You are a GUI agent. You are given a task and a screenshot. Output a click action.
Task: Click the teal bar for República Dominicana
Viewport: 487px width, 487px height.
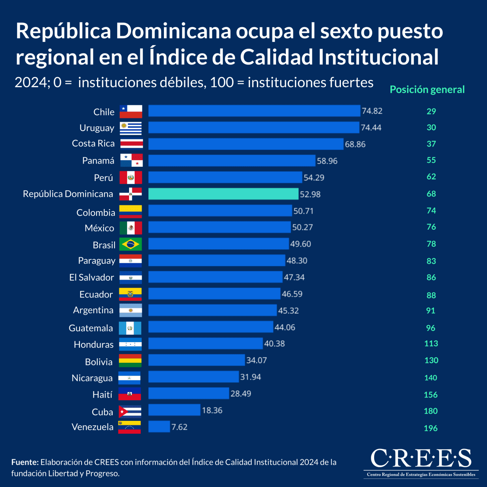[x=223, y=194]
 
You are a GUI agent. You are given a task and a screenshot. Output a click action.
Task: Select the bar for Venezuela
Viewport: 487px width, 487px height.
[x=159, y=427]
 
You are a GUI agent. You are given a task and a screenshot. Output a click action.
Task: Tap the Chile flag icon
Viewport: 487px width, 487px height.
[x=131, y=111]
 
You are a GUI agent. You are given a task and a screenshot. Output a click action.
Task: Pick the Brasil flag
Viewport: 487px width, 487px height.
[x=131, y=244]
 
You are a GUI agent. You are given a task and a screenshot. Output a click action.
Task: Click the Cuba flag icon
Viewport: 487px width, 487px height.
[x=130, y=412]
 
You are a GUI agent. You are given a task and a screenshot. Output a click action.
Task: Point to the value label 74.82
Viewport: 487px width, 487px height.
[x=372, y=111]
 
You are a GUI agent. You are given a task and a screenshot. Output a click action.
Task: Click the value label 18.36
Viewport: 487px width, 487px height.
[x=212, y=410]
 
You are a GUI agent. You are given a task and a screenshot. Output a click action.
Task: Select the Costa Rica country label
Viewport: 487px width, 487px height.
[x=93, y=144]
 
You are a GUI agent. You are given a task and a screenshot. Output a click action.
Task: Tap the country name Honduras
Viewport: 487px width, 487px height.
[x=94, y=345]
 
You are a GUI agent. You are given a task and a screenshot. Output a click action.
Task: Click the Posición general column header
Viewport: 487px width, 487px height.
[x=427, y=90]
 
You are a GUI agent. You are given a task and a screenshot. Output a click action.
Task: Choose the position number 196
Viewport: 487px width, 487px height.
[x=431, y=428]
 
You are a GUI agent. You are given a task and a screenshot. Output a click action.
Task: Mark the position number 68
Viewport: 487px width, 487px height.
[x=431, y=194]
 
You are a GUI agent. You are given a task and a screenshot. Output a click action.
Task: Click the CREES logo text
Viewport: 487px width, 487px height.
[x=421, y=459]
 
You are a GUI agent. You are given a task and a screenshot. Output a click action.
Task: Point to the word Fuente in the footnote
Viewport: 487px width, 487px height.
[x=25, y=462]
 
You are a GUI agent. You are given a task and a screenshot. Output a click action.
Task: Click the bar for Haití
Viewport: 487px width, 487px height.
[x=189, y=393]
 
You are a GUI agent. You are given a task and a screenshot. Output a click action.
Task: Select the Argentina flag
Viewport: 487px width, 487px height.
[x=131, y=310]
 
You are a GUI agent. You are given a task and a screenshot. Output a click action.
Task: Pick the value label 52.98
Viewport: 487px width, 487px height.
[x=310, y=194]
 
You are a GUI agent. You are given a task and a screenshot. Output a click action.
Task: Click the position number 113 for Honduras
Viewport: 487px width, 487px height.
[x=431, y=344]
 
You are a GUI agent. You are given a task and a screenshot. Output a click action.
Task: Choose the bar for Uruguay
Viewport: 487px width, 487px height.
[x=254, y=127]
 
